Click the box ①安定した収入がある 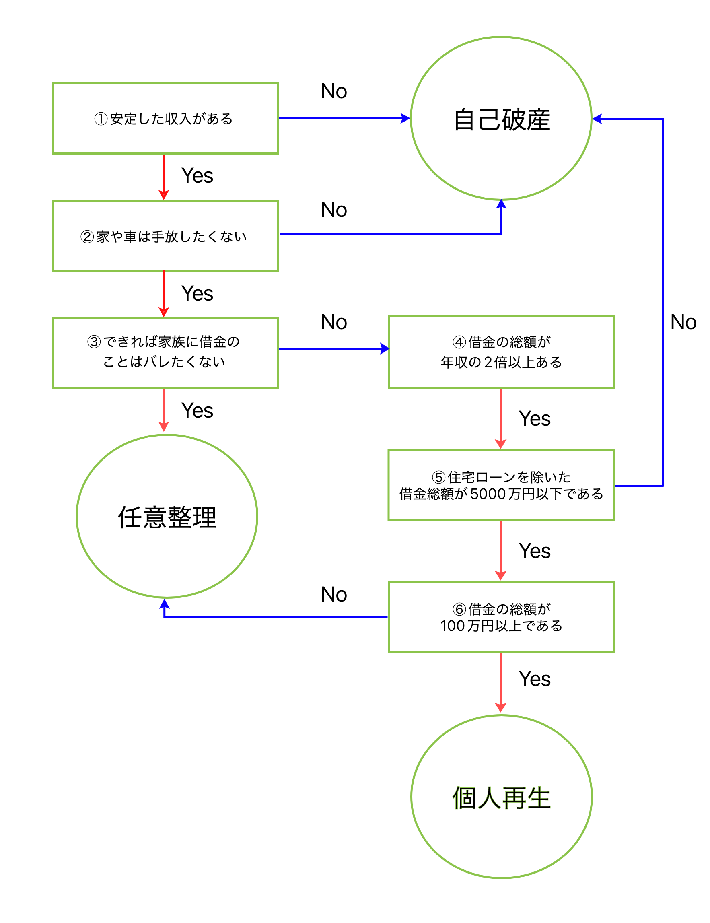click(165, 119)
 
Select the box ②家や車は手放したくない click(165, 236)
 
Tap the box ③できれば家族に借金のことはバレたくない click(165, 353)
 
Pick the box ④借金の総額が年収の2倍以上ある click(501, 352)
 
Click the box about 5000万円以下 click(501, 485)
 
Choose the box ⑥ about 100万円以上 click(501, 617)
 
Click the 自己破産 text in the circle click(501, 119)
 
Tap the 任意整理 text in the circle click(167, 517)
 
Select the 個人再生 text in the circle click(501, 798)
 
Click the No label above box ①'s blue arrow click(334, 91)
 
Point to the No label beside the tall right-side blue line click(683, 322)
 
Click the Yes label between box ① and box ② click(197, 175)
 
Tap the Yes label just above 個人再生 click(535, 679)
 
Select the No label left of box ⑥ click(334, 595)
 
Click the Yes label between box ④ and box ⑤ click(535, 419)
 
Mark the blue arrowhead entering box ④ click(385, 349)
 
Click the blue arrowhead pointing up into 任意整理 click(165, 604)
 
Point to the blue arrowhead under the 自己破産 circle click(501, 204)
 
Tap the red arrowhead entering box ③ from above click(164, 312)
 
